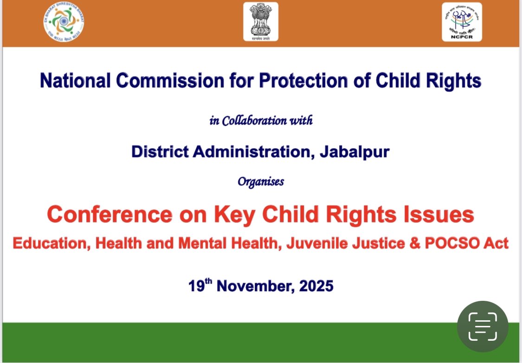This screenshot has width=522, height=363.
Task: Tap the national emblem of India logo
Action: tap(261, 21)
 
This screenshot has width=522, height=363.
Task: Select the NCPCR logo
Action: tap(461, 21)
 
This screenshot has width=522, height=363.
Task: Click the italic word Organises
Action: tap(261, 181)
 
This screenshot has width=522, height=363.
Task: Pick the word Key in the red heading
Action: tap(231, 214)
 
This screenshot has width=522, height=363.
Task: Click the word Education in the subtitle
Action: tap(48, 243)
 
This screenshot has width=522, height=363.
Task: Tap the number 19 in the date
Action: tap(197, 286)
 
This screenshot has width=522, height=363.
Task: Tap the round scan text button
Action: tap(483, 326)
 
